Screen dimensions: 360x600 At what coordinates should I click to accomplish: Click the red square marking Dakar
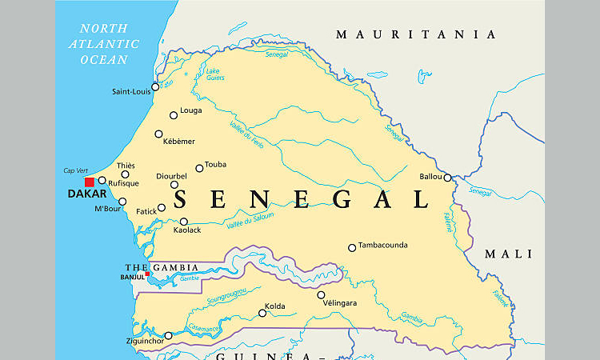point(90,182)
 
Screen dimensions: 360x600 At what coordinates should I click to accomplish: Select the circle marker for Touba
point(200,168)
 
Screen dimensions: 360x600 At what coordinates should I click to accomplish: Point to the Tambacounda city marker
point(352,248)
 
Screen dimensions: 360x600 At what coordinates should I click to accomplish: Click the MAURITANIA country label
point(416,34)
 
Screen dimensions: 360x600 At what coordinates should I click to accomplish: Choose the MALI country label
point(508,254)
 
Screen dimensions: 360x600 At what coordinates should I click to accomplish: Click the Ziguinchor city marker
point(168,336)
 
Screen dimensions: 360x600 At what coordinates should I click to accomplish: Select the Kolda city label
point(277,306)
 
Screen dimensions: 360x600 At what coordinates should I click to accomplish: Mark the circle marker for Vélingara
point(322,294)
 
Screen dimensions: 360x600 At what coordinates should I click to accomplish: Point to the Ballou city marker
point(448,178)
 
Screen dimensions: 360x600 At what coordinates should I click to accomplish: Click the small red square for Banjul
point(147,274)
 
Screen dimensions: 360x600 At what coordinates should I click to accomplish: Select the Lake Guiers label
point(214,74)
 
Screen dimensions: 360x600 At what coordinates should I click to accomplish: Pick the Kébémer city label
point(179,142)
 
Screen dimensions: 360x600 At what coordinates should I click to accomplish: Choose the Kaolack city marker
point(184,222)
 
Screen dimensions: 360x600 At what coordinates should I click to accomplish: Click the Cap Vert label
point(74,170)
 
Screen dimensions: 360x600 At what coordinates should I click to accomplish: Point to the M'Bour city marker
point(122,202)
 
